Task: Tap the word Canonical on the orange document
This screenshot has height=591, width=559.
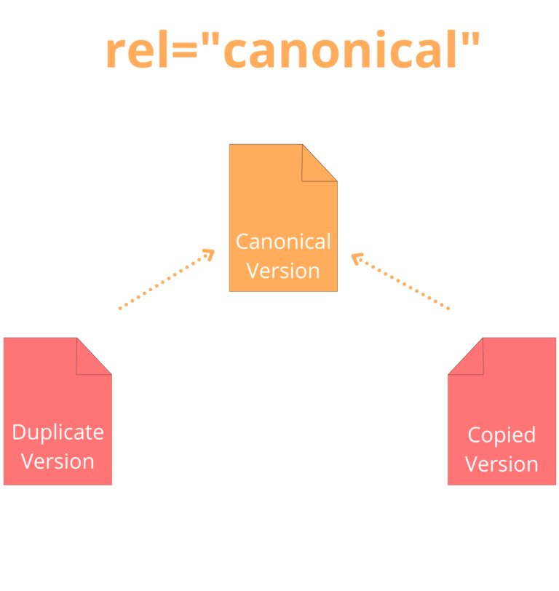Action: coord(283,241)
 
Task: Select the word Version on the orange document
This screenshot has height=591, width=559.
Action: coord(283,271)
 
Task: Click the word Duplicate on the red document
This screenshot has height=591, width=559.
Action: coord(58,432)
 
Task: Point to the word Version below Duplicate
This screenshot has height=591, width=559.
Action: coord(58,461)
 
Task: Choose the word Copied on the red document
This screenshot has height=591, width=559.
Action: coord(501,435)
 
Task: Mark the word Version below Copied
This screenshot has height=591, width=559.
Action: coord(501,464)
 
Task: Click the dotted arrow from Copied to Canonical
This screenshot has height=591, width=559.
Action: coord(402,282)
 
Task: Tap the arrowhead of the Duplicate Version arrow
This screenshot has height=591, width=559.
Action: coord(208,255)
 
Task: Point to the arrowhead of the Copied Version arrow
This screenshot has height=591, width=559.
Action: coord(357,258)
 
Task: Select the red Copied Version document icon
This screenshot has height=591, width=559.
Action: coord(501,415)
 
